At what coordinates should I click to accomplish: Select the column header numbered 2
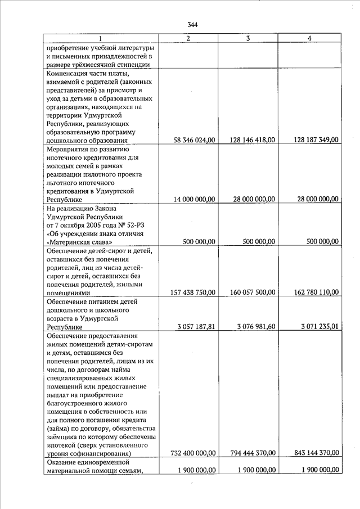click(x=188, y=38)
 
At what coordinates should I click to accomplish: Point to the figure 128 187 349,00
click(x=316, y=140)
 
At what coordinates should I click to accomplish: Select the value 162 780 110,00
click(x=316, y=292)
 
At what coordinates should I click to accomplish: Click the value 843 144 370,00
click(x=316, y=453)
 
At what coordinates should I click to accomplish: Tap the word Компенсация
click(x=70, y=73)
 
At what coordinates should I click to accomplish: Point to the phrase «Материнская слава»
click(x=79, y=242)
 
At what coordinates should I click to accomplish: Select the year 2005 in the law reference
click(x=97, y=225)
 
